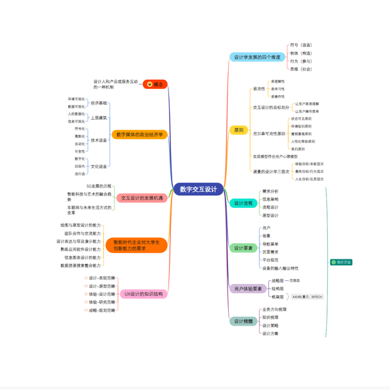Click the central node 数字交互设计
point(198,189)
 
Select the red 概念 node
point(155,84)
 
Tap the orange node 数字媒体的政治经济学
point(140,135)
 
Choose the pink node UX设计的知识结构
point(146,294)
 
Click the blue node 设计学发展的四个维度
point(257,57)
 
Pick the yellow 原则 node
point(239,130)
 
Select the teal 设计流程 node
point(243,203)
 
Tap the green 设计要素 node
point(243,248)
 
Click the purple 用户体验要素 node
point(248,289)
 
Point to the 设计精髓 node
point(243,321)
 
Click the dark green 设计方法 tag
point(341,262)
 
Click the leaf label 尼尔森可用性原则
point(268,134)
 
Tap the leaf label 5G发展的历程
point(99,186)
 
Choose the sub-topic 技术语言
point(99,140)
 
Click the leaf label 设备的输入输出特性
point(280,268)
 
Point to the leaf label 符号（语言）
point(301,45)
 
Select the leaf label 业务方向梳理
point(274,309)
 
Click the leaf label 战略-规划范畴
point(101,310)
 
